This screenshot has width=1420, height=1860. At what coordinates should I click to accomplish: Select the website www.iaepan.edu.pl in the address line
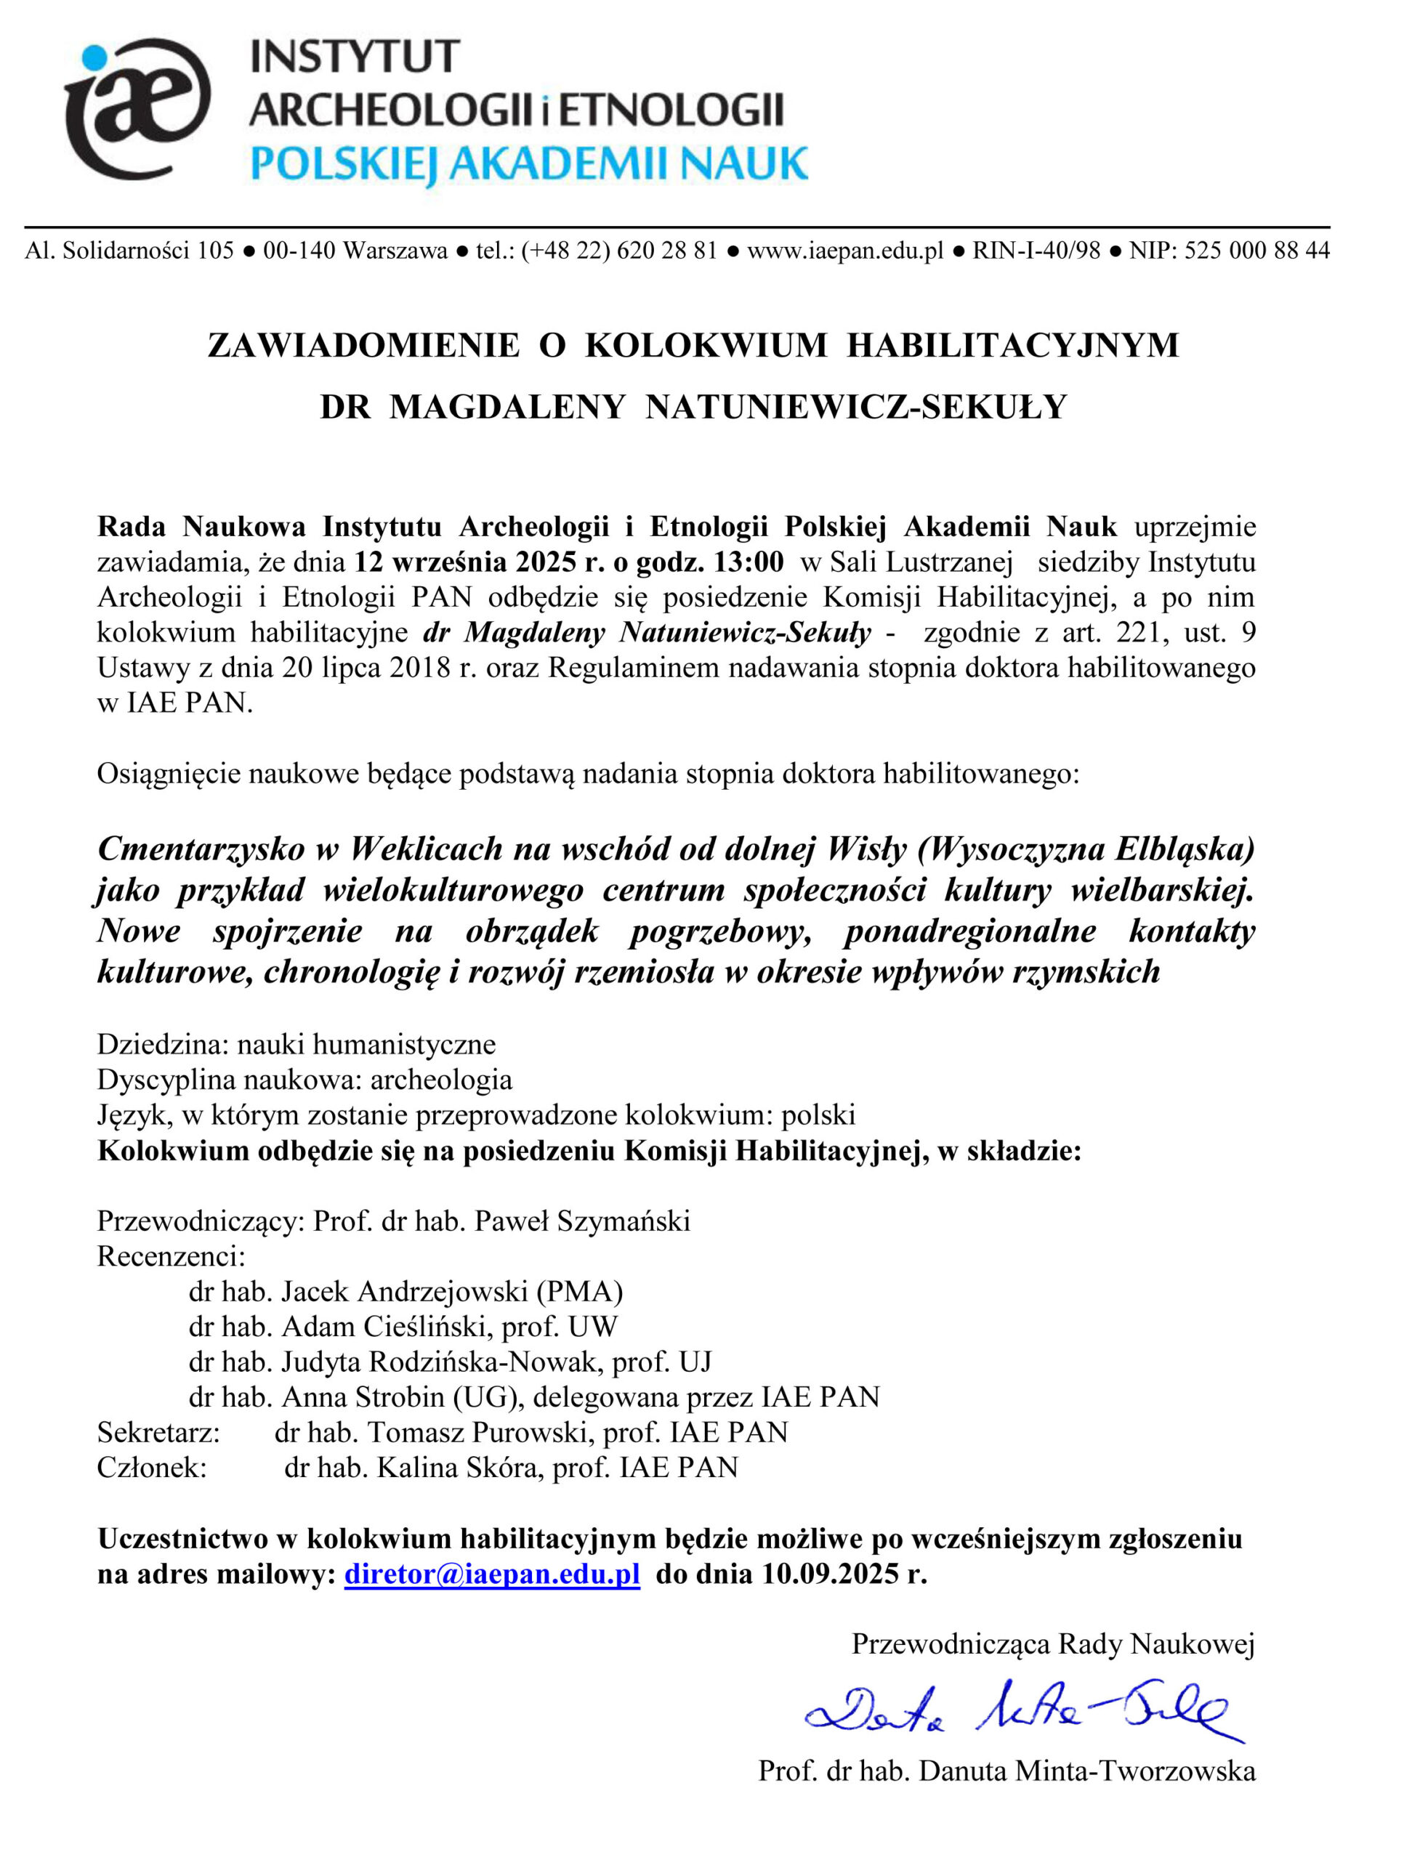coord(844,250)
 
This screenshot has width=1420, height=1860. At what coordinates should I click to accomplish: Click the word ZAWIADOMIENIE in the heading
coord(363,346)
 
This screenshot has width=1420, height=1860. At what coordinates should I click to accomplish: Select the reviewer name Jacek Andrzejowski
coord(406,1291)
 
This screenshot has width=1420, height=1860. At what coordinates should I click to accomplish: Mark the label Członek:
coord(152,1467)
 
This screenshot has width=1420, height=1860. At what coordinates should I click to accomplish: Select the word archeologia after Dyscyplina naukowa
coord(441,1079)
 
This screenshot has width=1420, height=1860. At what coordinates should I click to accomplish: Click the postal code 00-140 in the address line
coord(300,250)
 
